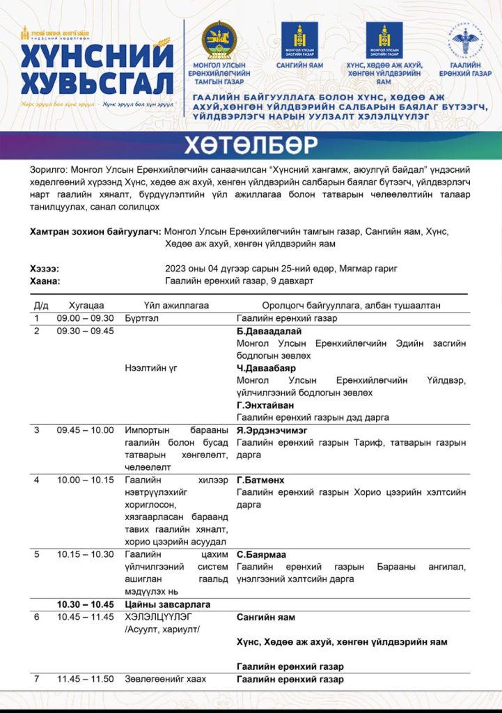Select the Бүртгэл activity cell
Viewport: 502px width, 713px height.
coord(143,318)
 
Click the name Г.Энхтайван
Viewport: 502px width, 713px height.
coord(265,405)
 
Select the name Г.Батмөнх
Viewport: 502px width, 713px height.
coord(260,480)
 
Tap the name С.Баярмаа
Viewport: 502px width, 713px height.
coord(260,554)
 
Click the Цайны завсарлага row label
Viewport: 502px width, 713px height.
coord(167,604)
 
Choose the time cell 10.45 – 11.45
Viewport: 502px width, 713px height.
coord(85,617)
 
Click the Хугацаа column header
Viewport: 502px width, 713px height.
coord(86,305)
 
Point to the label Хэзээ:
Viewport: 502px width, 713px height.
coord(45,269)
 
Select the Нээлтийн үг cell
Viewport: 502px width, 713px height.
coord(150,368)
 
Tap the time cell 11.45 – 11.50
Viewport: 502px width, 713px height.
coord(85,679)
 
